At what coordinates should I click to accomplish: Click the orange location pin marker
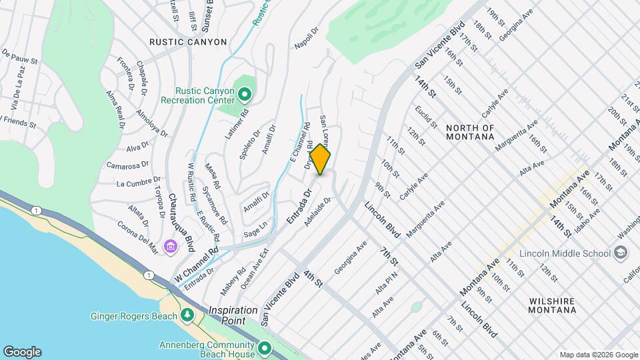click(x=320, y=160)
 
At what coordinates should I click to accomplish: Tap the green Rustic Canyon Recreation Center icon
click(x=244, y=95)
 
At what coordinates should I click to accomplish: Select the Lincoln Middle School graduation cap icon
click(x=621, y=253)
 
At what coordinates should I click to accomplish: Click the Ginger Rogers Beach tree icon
click(x=187, y=314)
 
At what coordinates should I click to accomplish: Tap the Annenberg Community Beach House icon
click(x=265, y=349)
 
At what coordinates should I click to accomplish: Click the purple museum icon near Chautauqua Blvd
click(x=171, y=247)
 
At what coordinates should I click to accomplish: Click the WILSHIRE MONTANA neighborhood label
click(x=553, y=305)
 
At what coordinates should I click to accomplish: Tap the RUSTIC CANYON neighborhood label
click(x=188, y=42)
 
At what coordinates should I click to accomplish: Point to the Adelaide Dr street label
click(x=317, y=211)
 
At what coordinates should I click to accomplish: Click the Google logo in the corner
click(x=22, y=352)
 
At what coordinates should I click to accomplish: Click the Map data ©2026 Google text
click(x=599, y=355)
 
